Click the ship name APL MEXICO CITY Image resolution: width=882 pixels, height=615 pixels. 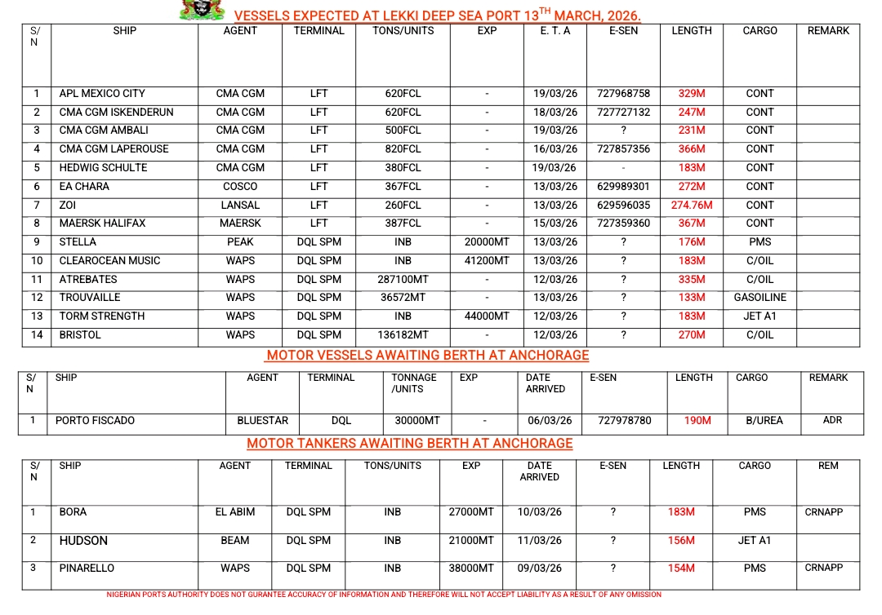click(x=102, y=94)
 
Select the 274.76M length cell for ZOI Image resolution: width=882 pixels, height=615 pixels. click(x=692, y=206)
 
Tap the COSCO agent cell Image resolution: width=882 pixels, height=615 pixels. click(x=240, y=187)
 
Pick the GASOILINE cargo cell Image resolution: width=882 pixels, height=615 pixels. click(x=759, y=298)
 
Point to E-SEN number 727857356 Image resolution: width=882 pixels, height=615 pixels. click(x=623, y=149)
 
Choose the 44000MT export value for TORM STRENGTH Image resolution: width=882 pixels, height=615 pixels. click(x=487, y=316)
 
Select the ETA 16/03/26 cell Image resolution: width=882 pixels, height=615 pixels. click(x=555, y=149)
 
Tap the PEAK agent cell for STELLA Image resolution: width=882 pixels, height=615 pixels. click(x=240, y=242)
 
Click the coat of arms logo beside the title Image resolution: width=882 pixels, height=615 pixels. click(x=202, y=11)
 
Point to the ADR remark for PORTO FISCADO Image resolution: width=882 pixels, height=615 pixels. click(x=832, y=421)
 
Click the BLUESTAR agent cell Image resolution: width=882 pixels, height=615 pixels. click(x=262, y=421)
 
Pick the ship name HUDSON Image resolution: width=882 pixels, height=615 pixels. click(x=83, y=541)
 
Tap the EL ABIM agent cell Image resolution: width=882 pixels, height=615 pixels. click(x=235, y=512)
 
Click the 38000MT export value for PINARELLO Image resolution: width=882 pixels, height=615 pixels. click(x=471, y=569)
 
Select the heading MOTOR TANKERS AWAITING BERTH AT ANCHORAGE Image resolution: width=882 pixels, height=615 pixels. click(x=409, y=444)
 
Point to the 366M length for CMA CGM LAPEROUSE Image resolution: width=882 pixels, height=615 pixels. click(x=692, y=149)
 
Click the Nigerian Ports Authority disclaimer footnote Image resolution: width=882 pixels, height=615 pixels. click(x=384, y=595)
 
